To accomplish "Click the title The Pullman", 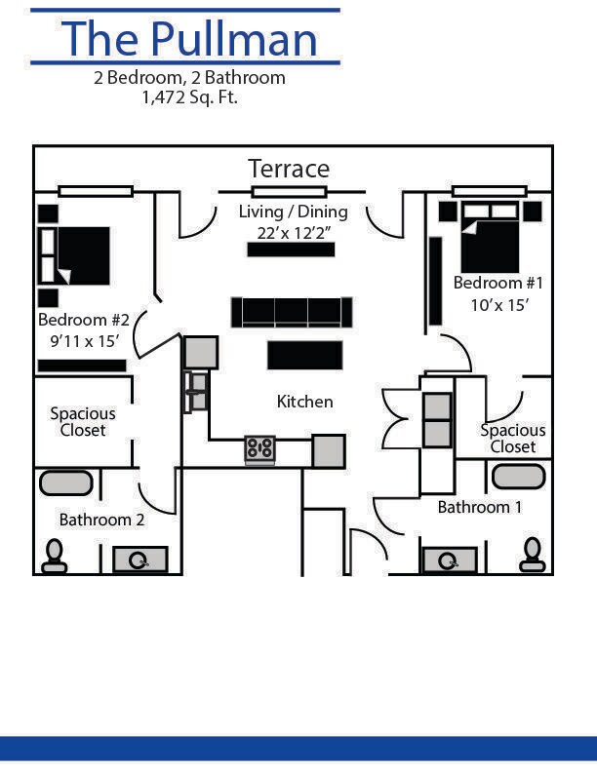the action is coord(190,38).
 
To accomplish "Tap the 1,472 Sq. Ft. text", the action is coord(189,96).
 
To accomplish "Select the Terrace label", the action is coord(289,169).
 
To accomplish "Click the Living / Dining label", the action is coord(293,212).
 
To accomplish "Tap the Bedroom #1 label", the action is coord(497,283).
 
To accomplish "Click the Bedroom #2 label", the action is coord(84,319).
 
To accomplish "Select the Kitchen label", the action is coord(304,401).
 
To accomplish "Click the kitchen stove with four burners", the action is coord(260,448).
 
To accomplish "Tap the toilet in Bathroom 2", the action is coord(54,556).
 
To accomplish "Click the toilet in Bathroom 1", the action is coord(533,556).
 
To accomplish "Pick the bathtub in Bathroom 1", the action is coord(518,477).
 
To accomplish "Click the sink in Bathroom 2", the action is coord(140,560).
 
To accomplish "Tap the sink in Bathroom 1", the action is coord(449,560).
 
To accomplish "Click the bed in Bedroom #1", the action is coord(490,239).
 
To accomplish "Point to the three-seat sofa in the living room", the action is coord(291,312).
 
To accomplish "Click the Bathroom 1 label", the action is coord(479,507).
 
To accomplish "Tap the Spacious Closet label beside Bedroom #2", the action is coord(83,421).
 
